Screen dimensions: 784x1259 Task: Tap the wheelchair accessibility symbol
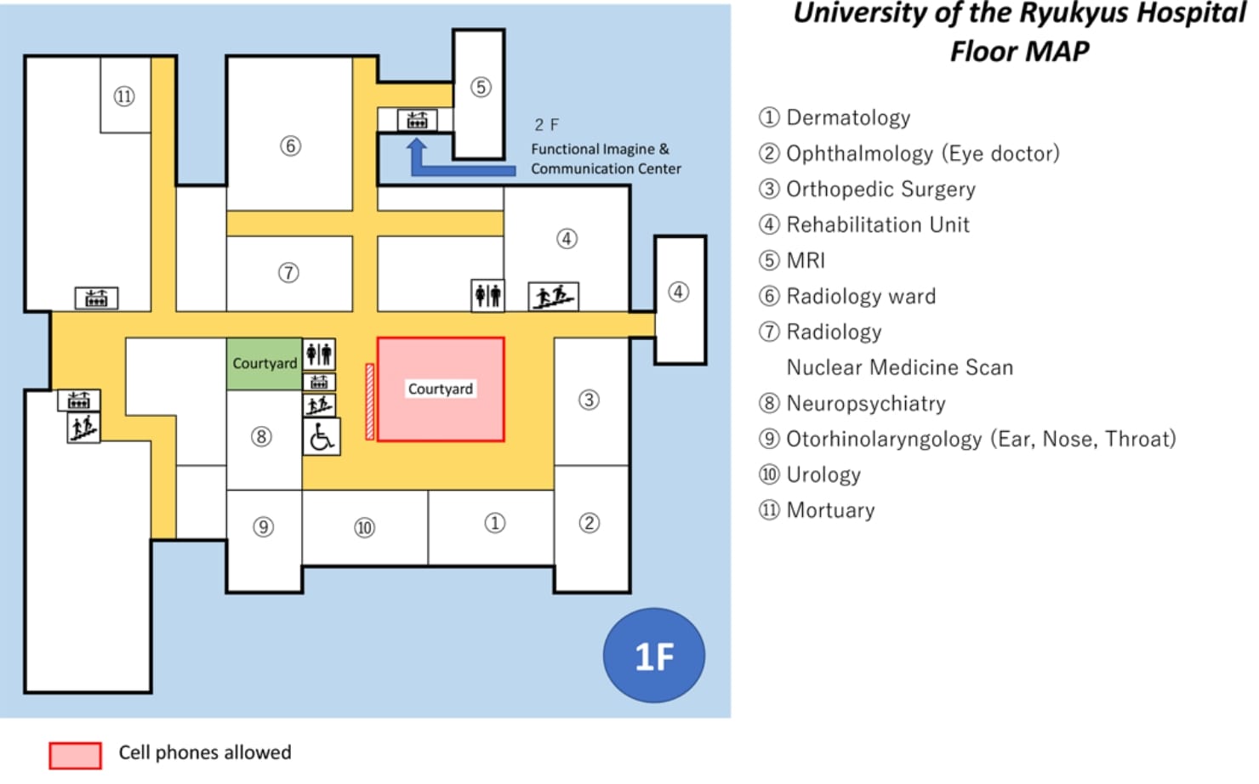(322, 437)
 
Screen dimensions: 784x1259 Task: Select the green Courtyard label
(265, 363)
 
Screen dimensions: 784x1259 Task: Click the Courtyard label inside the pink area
(440, 389)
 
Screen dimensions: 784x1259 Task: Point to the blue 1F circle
(653, 656)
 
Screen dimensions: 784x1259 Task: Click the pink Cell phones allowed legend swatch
(75, 754)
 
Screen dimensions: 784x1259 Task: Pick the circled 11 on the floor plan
(124, 96)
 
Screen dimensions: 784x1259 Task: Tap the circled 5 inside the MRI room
(481, 87)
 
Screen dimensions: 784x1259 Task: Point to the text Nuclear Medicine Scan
(899, 367)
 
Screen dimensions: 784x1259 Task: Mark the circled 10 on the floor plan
(364, 528)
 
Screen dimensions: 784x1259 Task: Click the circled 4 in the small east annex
(678, 292)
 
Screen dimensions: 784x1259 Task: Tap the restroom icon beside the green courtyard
(319, 354)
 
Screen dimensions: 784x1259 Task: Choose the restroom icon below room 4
(487, 295)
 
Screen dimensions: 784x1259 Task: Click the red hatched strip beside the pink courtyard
(369, 401)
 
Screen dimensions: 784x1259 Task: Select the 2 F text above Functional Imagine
(546, 125)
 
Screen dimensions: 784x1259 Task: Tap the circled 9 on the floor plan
(264, 527)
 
